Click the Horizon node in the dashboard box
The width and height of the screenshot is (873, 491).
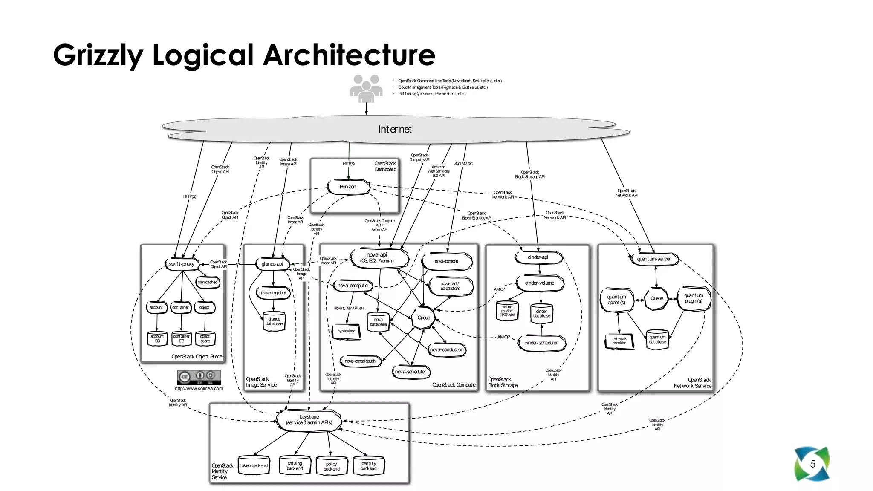point(348,187)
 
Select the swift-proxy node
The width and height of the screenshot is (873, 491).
point(182,264)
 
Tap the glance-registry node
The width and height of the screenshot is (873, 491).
point(273,293)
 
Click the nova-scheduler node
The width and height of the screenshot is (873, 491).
point(410,372)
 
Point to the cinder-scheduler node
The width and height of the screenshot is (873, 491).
point(541,343)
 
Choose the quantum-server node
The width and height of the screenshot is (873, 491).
point(654,259)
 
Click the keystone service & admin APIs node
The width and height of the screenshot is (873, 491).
point(309,420)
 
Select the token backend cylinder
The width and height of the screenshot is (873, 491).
point(254,466)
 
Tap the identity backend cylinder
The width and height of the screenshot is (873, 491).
point(369,466)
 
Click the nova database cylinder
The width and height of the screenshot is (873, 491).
point(378,322)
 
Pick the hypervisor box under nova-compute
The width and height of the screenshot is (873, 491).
point(346,331)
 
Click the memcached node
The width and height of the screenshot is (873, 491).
point(208,282)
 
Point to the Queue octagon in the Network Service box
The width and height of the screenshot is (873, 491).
point(656,299)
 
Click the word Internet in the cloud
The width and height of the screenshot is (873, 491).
point(395,129)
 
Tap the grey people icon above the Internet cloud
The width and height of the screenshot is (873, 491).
point(366,89)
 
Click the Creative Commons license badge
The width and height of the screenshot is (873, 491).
point(199,377)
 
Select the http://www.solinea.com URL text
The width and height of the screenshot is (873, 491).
point(199,388)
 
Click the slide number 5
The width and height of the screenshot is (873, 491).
point(812,464)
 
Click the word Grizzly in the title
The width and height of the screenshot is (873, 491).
point(98,55)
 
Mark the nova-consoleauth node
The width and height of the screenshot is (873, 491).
point(360,361)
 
